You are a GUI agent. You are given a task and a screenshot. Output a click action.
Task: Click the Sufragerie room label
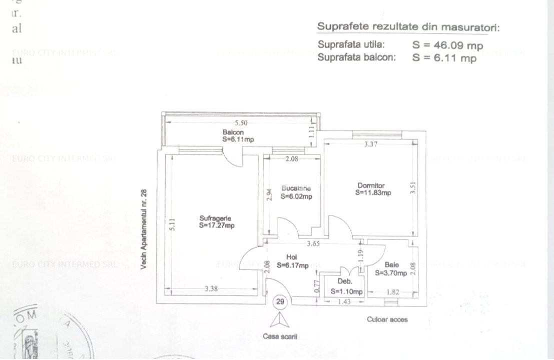pos(215,218)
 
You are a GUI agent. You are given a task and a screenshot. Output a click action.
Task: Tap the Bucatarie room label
pos(296,188)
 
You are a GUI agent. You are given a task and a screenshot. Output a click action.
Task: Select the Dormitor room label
pos(371,185)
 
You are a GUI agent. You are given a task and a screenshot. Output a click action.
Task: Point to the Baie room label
pos(392,265)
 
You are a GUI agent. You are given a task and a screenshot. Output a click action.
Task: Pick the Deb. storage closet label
pos(342,281)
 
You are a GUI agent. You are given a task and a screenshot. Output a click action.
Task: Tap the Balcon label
pos(234,132)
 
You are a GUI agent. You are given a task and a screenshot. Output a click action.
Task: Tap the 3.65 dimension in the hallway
pos(313,244)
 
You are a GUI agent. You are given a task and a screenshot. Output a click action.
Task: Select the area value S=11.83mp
pos(373,192)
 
